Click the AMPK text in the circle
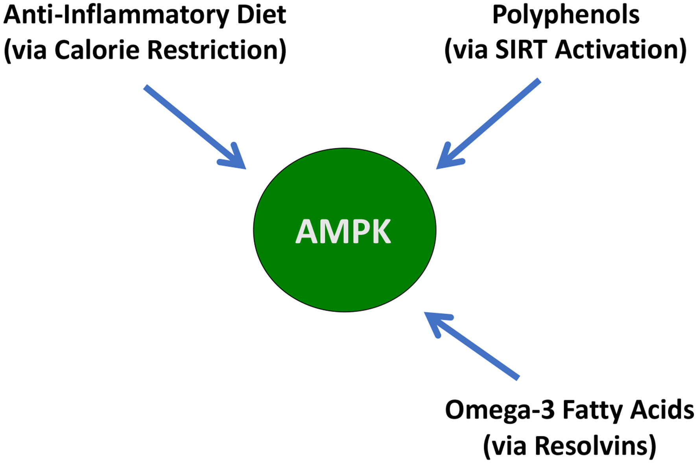[343, 231]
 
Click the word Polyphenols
[566, 16]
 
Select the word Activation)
[621, 50]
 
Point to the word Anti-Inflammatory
[116, 16]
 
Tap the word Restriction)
[217, 50]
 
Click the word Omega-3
[500, 410]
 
